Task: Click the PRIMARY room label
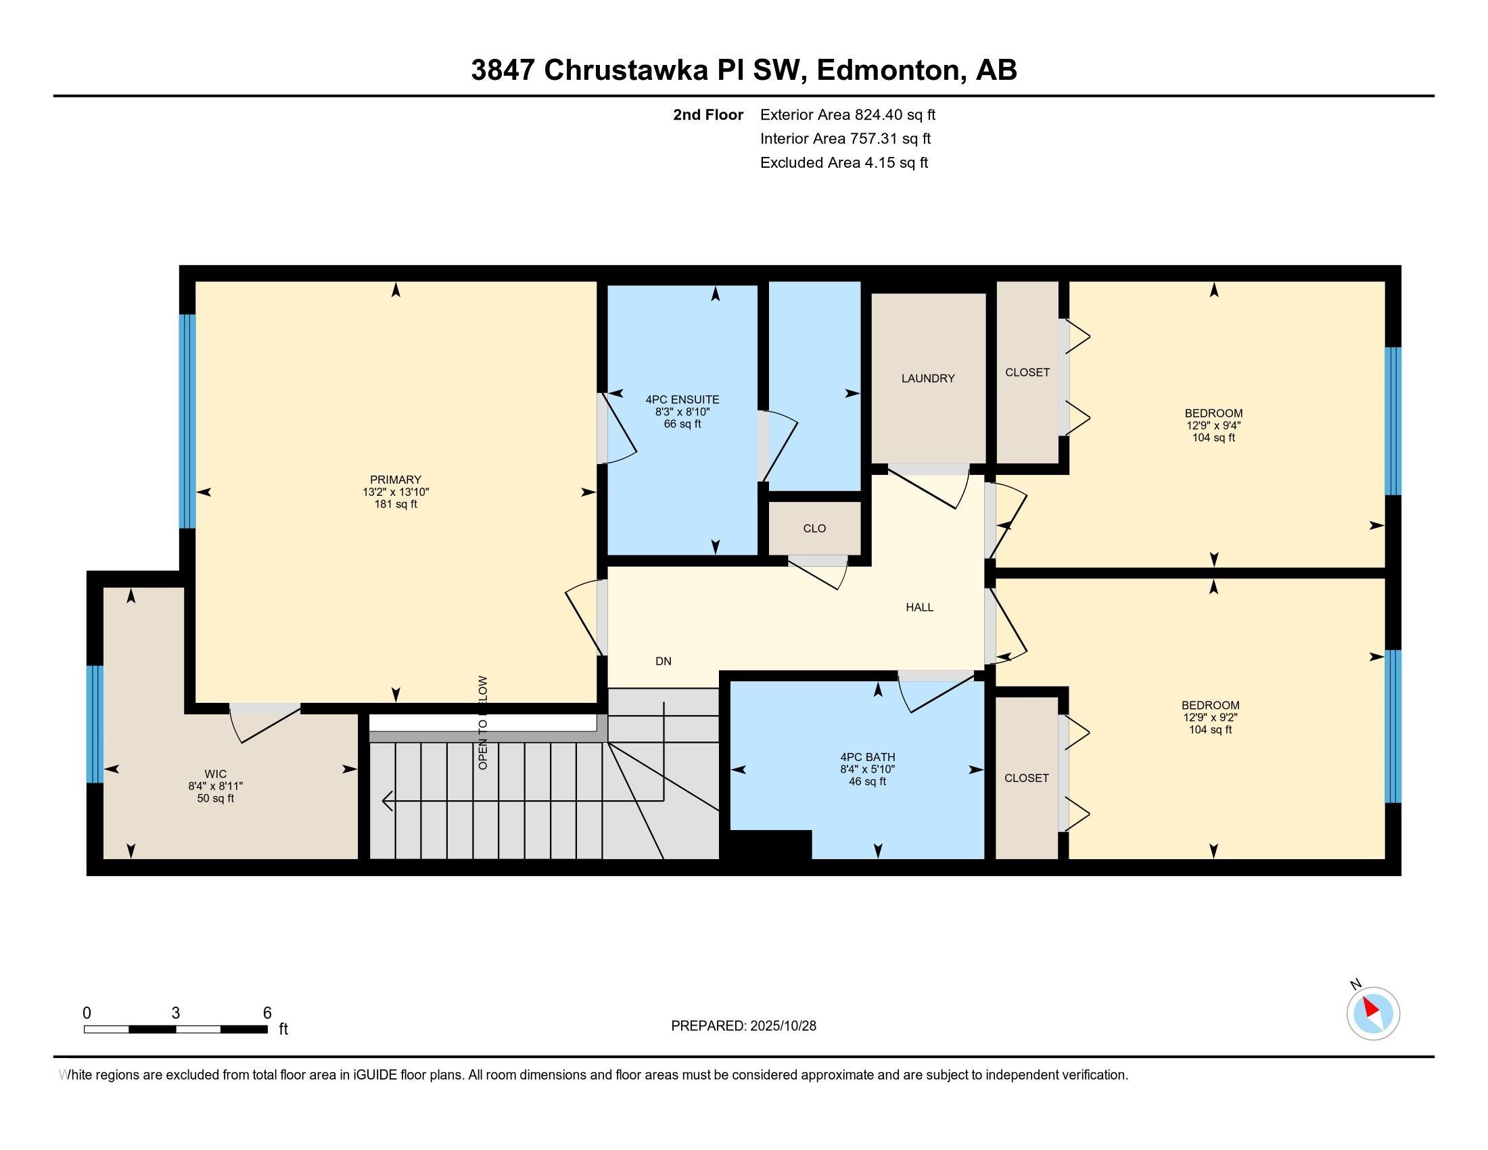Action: tap(395, 480)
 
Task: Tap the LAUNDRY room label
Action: tap(927, 379)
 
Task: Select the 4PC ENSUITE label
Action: tap(682, 400)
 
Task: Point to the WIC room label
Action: tap(215, 774)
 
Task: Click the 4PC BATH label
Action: tap(867, 757)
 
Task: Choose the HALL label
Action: tap(919, 607)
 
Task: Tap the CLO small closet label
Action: tap(814, 529)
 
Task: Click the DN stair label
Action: tap(663, 661)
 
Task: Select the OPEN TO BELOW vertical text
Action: tap(483, 722)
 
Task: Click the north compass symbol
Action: tap(1372, 1013)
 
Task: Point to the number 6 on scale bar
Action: tap(267, 1013)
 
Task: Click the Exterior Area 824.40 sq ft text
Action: tap(847, 115)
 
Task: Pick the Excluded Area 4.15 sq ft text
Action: tap(843, 163)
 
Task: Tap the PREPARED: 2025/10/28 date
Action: tap(743, 1026)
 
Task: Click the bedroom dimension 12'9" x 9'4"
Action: tap(1213, 425)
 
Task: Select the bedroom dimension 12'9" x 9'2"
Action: tap(1210, 717)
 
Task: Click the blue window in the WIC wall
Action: tap(95, 724)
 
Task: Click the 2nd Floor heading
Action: tap(707, 115)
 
